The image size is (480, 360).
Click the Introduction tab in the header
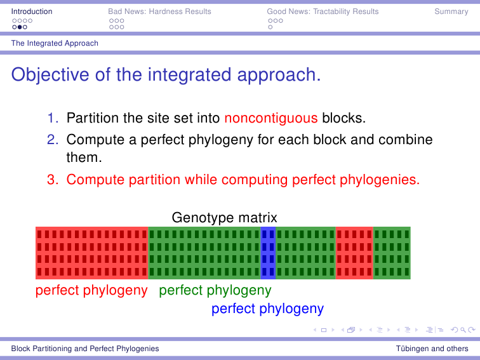[x=32, y=11]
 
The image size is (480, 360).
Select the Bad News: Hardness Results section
[x=159, y=11]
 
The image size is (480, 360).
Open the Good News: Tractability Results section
[x=323, y=11]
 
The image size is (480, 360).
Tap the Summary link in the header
[x=451, y=11]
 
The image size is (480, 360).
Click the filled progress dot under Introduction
[x=20, y=27]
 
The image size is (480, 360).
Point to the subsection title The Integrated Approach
[x=55, y=43]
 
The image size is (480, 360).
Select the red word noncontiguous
[x=271, y=118]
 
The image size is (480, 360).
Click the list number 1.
[x=53, y=118]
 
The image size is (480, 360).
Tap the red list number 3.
[x=53, y=180]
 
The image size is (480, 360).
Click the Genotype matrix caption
[x=224, y=218]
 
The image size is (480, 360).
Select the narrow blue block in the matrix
[x=268, y=253]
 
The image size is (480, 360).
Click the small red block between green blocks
[x=354, y=253]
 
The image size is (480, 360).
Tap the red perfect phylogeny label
[x=91, y=291]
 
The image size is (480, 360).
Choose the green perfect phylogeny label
[x=215, y=291]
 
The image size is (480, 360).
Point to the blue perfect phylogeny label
[x=267, y=309]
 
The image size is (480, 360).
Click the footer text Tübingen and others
[x=432, y=349]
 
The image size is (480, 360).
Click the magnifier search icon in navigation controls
[x=463, y=330]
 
